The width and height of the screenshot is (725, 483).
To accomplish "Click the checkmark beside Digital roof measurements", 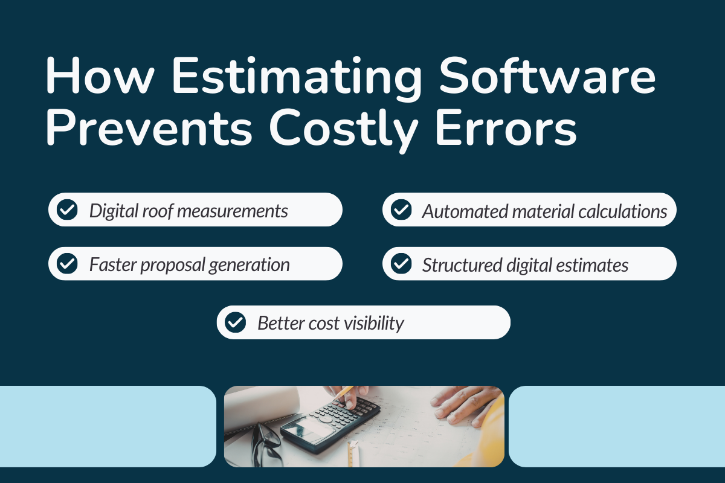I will click(66, 210).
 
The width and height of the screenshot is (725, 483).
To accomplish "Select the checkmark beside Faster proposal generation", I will click(66, 264).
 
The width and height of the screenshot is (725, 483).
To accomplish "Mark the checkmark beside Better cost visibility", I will click(235, 322).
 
